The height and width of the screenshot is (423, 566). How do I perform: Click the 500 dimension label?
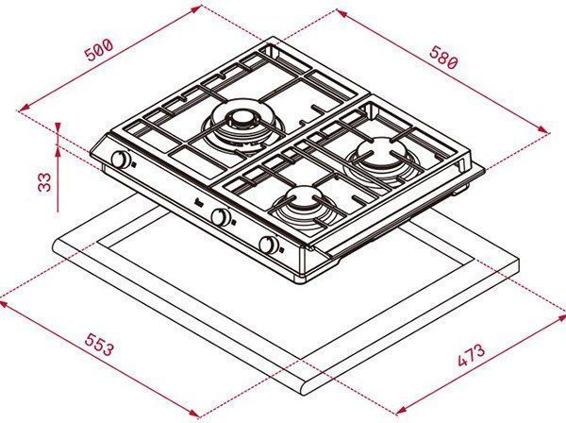(100, 50)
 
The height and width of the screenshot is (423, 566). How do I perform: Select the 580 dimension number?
(443, 57)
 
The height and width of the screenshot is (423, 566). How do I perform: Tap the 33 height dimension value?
(45, 182)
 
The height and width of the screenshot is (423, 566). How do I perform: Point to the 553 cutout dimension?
(100, 345)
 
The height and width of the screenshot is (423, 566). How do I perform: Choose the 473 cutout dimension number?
(471, 355)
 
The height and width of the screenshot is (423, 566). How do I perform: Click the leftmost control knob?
(121, 160)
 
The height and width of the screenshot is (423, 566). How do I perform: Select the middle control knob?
(221, 217)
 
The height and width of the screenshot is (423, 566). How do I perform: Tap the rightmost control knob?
(269, 245)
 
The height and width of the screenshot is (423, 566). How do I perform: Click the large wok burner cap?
(239, 118)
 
